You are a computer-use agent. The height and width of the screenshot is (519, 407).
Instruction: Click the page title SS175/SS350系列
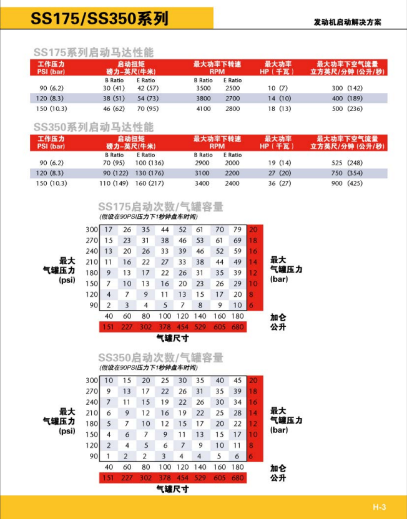pyautogui.click(x=99, y=18)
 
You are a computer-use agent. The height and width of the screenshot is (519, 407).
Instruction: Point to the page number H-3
pyautogui.click(x=380, y=507)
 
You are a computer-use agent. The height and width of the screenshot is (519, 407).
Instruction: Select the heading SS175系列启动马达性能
pyautogui.click(x=93, y=52)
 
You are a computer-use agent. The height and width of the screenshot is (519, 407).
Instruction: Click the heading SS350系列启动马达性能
pyautogui.click(x=93, y=127)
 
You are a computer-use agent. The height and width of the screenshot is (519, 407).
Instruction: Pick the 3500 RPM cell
pyautogui.click(x=203, y=89)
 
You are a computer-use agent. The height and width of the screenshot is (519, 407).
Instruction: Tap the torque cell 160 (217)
pyautogui.click(x=146, y=183)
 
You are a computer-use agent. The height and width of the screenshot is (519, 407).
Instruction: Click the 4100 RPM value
pyautogui.click(x=203, y=109)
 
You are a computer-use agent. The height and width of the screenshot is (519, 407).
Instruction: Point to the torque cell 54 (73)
pyautogui.click(x=146, y=99)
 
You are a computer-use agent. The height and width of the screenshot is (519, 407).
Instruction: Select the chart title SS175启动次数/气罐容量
pyautogui.click(x=160, y=207)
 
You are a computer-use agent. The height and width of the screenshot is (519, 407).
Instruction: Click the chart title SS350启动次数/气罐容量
pyautogui.click(x=160, y=358)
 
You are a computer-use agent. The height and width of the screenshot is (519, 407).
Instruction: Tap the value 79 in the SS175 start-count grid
pyautogui.click(x=237, y=230)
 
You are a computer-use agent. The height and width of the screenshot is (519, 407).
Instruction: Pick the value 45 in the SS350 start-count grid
pyautogui.click(x=237, y=381)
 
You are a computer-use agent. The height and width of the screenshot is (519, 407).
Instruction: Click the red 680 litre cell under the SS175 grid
pyautogui.click(x=237, y=327)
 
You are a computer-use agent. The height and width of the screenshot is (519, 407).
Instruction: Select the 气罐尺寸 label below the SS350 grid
pyautogui.click(x=172, y=489)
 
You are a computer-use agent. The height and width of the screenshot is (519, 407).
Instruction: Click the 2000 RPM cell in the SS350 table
pyautogui.click(x=232, y=163)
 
